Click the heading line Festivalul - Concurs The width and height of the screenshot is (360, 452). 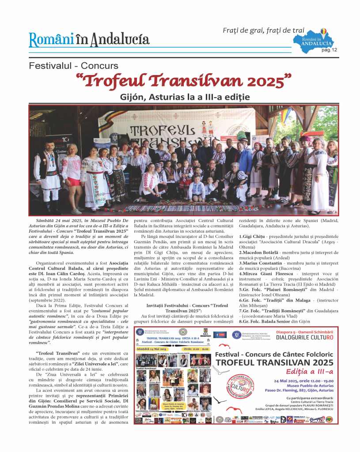(x=74, y=66)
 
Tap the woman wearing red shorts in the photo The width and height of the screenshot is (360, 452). (x=72, y=167)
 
